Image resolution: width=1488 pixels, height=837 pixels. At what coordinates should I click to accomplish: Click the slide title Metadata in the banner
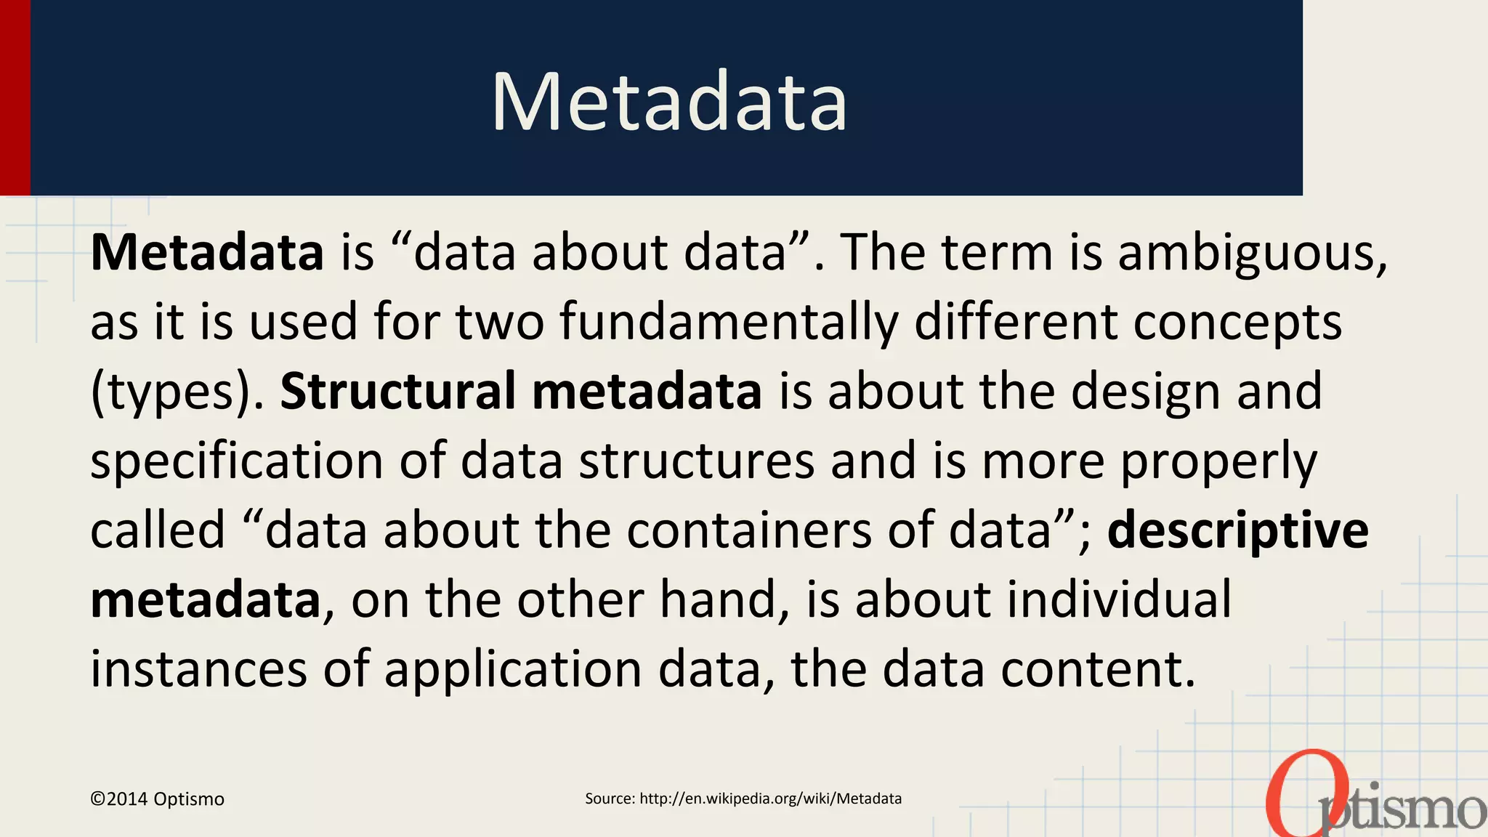(669, 102)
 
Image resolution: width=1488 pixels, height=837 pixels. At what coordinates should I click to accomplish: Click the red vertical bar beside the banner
(15, 97)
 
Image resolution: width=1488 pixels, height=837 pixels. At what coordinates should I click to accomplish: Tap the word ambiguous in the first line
(1251, 253)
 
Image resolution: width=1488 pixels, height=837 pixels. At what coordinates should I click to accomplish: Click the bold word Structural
(397, 391)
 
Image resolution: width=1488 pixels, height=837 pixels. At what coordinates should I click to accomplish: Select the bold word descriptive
(1237, 530)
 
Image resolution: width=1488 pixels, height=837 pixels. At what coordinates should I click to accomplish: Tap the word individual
(1115, 600)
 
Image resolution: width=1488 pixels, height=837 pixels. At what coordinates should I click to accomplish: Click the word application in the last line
(512, 669)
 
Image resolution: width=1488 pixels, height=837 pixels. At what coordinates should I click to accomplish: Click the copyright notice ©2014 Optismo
(157, 799)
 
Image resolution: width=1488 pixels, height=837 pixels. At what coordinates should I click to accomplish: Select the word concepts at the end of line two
(1237, 322)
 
